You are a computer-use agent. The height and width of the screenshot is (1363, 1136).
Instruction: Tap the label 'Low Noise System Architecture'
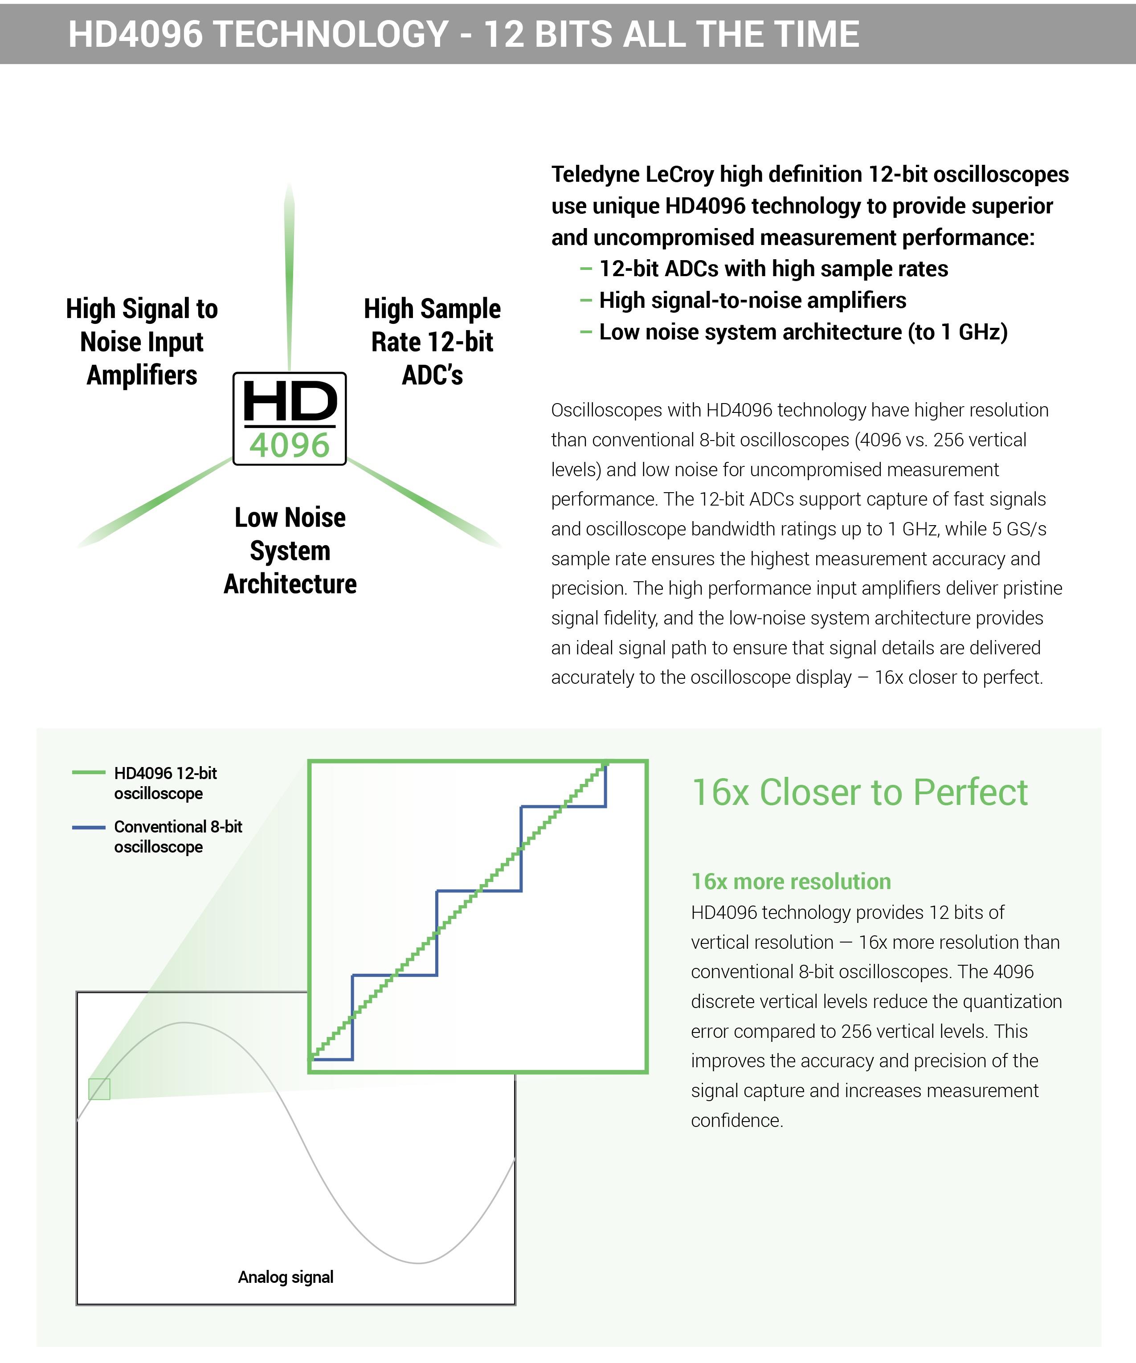[290, 551]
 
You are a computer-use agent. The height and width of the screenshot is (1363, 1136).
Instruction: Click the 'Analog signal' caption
[286, 1277]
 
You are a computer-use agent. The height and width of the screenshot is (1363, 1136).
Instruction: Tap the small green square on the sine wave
[99, 1089]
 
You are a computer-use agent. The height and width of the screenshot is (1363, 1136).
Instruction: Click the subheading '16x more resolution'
[791, 881]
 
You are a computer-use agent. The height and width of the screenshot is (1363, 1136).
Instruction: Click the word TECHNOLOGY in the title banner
[331, 34]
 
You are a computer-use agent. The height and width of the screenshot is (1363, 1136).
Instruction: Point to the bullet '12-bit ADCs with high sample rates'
[773, 269]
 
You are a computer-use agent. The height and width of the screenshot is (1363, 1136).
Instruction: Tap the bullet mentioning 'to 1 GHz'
[803, 332]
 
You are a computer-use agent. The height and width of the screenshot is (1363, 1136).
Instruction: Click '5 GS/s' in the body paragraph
[1019, 529]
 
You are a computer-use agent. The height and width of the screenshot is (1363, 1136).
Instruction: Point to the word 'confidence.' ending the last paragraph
[737, 1120]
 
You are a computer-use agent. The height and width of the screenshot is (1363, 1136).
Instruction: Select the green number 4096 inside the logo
[290, 446]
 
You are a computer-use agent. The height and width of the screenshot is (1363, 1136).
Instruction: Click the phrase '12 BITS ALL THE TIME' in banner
[671, 34]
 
